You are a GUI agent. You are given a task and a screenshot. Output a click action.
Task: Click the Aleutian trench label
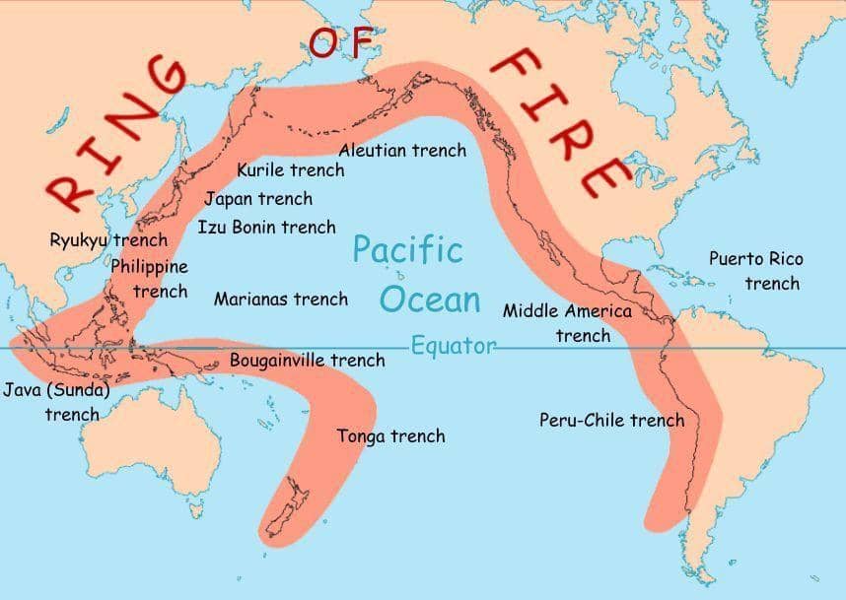402,151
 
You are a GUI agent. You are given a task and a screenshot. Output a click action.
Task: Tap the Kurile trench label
291,170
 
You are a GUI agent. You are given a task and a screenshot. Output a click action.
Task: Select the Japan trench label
258,199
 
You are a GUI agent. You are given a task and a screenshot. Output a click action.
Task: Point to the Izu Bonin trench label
266,228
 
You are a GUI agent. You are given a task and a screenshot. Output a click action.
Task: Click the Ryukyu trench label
108,239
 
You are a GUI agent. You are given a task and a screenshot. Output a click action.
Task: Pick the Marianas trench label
281,299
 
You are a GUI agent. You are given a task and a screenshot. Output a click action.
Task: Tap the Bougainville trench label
307,361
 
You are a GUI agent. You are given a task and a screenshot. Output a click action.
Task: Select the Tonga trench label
390,436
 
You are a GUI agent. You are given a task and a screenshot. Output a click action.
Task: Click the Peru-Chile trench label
611,421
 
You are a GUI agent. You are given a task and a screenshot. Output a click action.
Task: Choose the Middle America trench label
568,323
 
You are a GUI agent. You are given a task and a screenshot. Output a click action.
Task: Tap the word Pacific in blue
407,249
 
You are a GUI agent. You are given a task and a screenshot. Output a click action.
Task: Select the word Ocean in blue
431,300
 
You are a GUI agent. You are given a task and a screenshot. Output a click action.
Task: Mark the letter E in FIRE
604,175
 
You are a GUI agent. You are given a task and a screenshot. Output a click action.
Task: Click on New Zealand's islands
297,501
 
